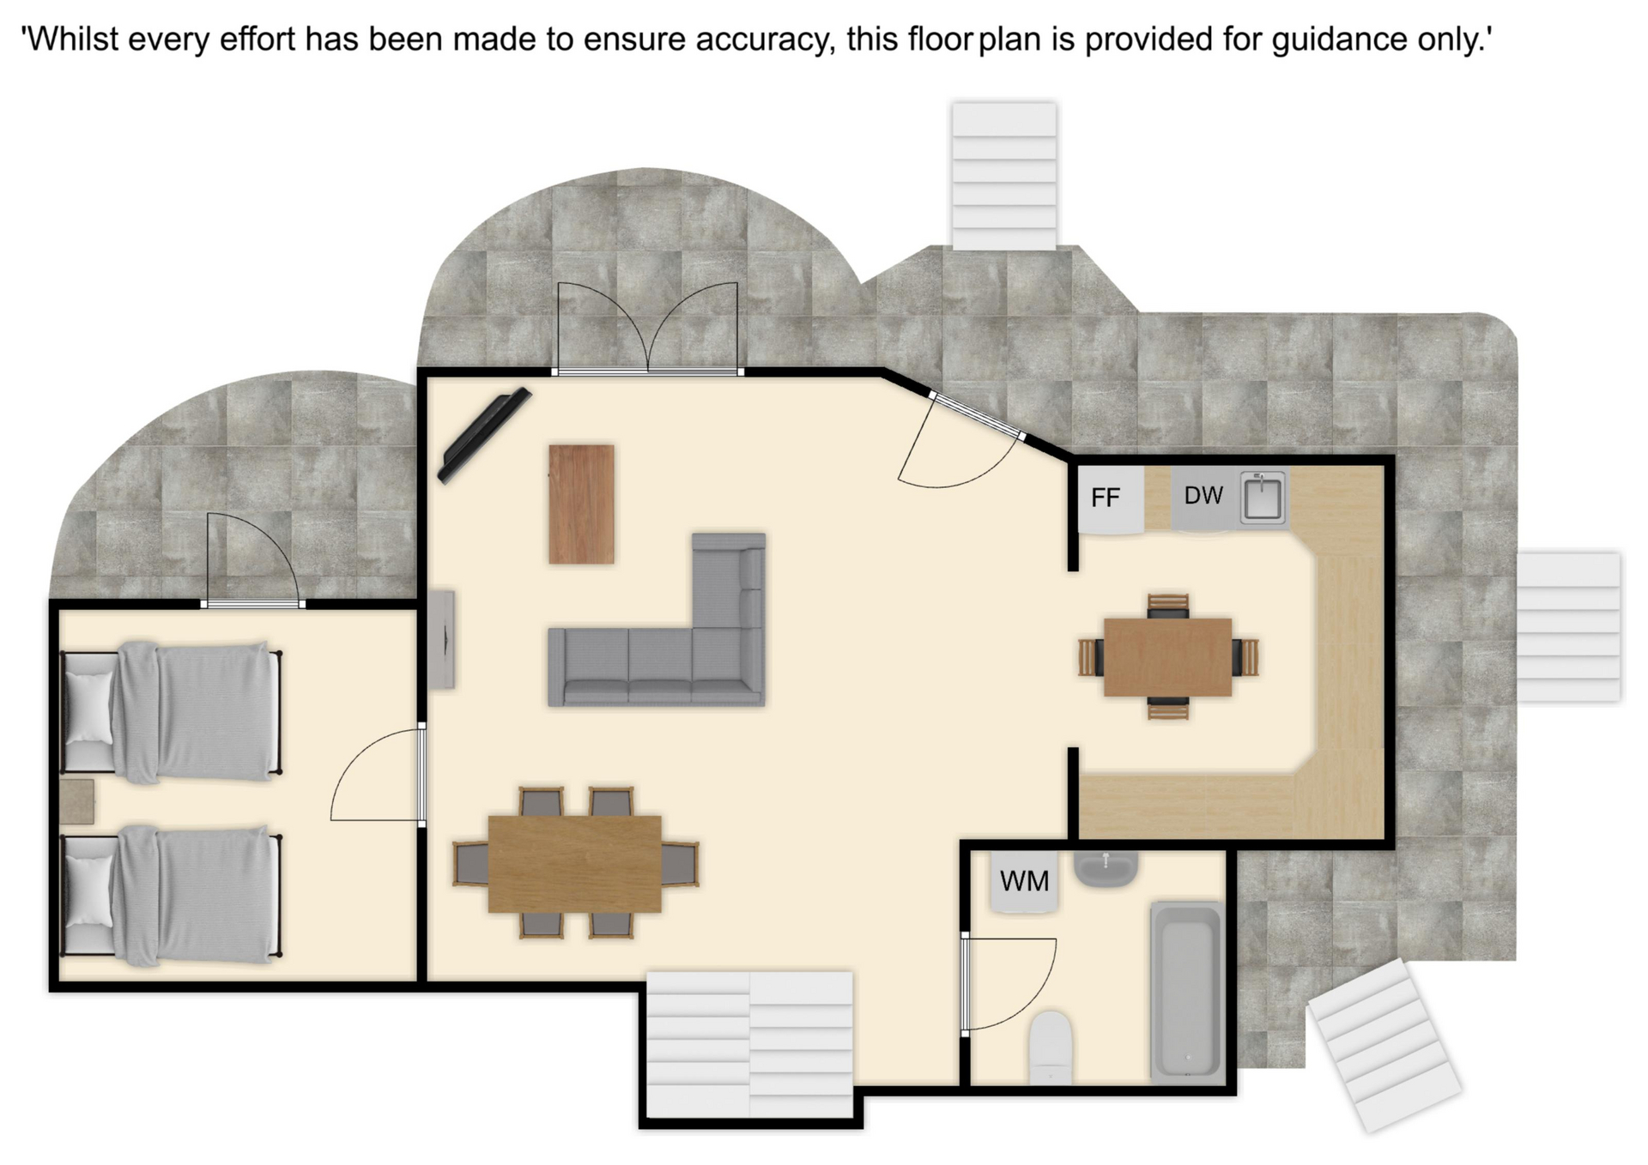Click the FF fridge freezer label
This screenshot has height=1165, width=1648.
point(1106,498)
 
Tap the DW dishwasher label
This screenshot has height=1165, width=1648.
point(1203,495)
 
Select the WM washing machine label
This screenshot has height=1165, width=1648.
point(1024,881)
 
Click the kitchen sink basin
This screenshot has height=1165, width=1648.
point(1263,497)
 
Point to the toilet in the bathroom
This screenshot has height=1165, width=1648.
point(1051,1047)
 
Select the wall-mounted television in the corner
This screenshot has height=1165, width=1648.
point(484,436)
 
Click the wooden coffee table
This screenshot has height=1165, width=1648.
point(581,504)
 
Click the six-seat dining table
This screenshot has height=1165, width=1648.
point(575,863)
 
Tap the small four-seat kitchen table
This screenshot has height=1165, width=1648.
point(1168,657)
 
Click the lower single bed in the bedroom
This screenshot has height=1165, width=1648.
point(172,896)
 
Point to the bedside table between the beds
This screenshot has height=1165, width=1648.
point(77,801)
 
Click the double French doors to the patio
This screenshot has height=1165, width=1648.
point(647,329)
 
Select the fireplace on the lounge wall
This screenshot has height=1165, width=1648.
point(442,638)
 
